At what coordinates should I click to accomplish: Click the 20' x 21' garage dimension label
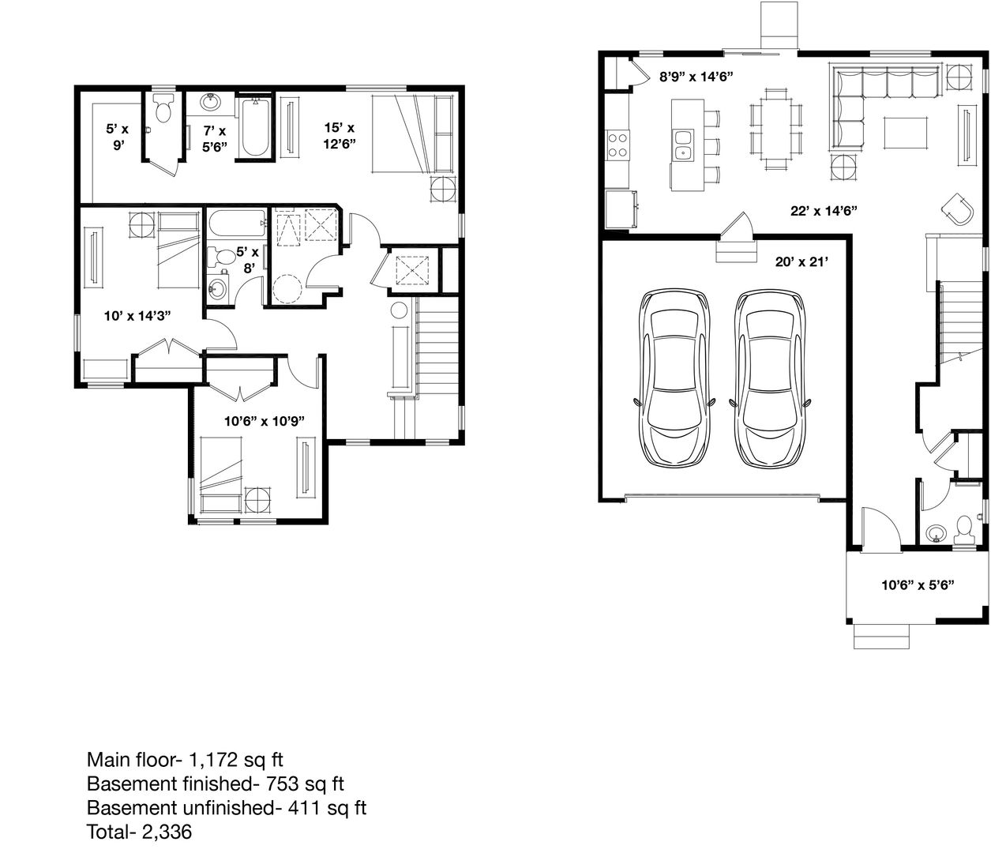pos(801,261)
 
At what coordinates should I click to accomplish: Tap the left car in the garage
pos(674,378)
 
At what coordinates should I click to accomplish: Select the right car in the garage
pos(770,378)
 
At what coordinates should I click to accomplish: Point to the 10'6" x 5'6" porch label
pos(918,585)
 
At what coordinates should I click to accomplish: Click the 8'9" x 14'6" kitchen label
pos(696,77)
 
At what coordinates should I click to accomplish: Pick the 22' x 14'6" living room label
pos(824,211)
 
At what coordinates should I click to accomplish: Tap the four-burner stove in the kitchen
pos(617,145)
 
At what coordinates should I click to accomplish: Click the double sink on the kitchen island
pos(684,145)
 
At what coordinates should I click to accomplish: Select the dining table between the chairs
pos(775,129)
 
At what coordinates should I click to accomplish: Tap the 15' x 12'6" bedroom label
pos(339,136)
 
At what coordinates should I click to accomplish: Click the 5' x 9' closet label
pos(118,137)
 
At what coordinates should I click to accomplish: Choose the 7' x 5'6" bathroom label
pos(214,138)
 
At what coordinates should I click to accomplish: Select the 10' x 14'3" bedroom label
pos(137,315)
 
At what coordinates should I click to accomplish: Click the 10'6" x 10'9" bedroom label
pos(265,421)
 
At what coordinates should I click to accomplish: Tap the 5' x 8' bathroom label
pos(248,260)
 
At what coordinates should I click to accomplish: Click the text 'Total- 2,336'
pos(139,832)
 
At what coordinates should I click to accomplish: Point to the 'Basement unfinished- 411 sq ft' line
pos(227,807)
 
